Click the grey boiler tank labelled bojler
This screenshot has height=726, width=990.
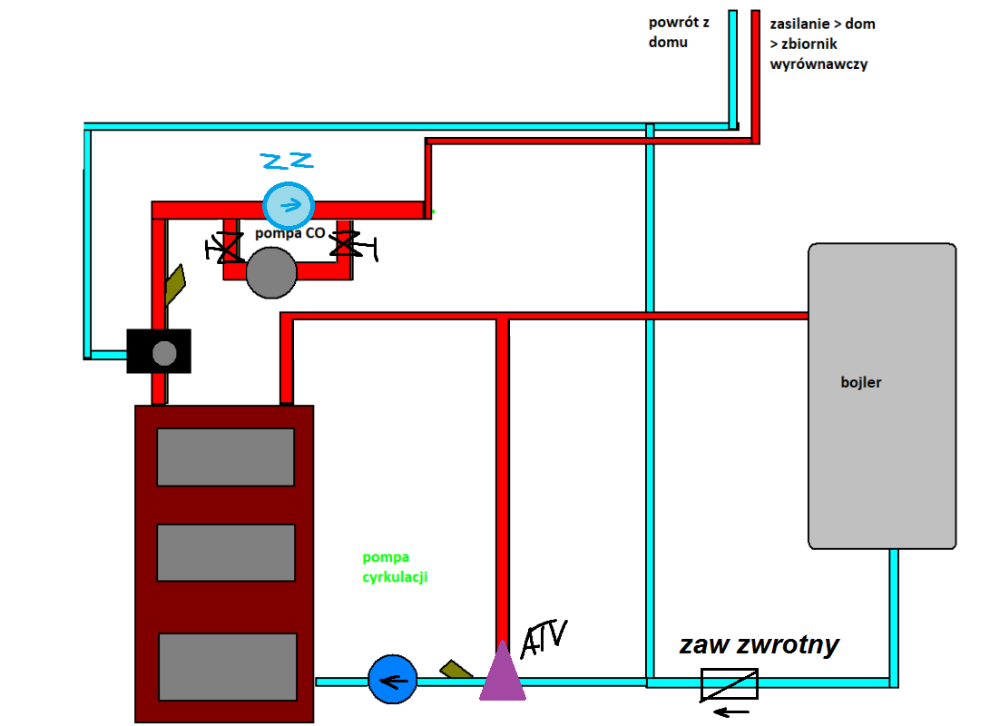(882, 396)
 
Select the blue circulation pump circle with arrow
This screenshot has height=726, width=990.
(392, 680)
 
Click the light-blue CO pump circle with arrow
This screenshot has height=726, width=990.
(289, 205)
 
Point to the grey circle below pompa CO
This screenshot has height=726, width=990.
(271, 273)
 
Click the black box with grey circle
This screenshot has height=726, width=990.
(160, 351)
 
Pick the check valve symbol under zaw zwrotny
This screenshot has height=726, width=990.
(730, 683)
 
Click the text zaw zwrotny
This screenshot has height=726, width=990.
(759, 645)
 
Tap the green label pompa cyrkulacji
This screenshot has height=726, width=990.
(394, 567)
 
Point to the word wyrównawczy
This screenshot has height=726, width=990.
(818, 65)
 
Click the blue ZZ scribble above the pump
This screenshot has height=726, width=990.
(287, 162)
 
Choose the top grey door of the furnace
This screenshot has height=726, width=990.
(226, 456)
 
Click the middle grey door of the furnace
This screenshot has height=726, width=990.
(226, 553)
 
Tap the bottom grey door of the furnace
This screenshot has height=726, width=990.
(228, 666)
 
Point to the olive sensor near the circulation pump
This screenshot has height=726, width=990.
(456, 670)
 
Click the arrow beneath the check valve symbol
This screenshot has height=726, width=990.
(731, 711)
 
